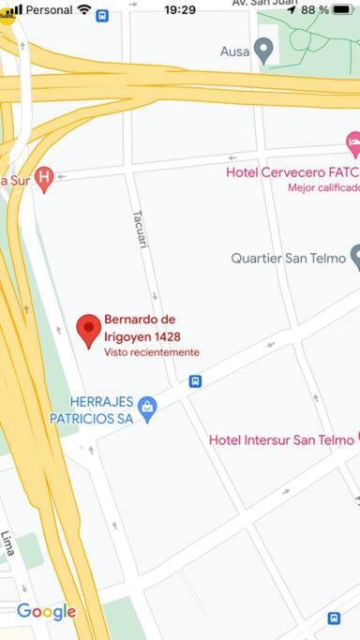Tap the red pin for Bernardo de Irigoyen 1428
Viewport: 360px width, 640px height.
89,330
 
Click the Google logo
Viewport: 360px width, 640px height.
46,612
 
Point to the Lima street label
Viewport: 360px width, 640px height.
8,543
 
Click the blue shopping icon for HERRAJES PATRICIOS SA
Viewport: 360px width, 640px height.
147,408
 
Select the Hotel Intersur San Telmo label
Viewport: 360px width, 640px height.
280,439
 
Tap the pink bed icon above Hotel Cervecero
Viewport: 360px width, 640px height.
353,143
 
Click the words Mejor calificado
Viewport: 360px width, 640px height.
323,187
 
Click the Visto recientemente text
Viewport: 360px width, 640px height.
151,352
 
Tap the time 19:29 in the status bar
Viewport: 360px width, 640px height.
180,10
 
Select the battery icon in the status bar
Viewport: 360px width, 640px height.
342,10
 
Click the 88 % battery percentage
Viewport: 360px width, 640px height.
314,10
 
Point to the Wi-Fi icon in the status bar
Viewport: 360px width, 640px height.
84,9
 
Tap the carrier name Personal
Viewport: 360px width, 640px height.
49,10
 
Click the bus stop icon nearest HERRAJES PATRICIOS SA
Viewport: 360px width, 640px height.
195,381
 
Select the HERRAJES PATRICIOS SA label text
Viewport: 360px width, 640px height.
92,409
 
